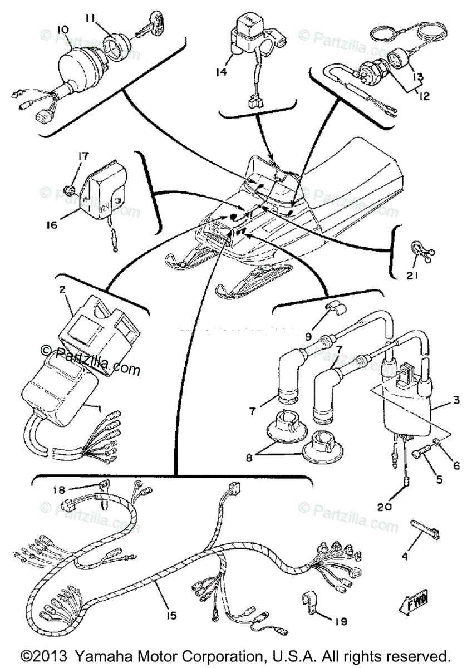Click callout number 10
pos(62,28)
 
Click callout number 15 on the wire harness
pos(170,616)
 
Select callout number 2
pos(62,289)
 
